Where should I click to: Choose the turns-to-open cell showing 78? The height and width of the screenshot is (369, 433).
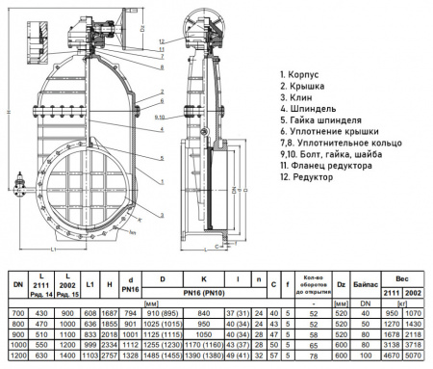coord(313,356)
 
